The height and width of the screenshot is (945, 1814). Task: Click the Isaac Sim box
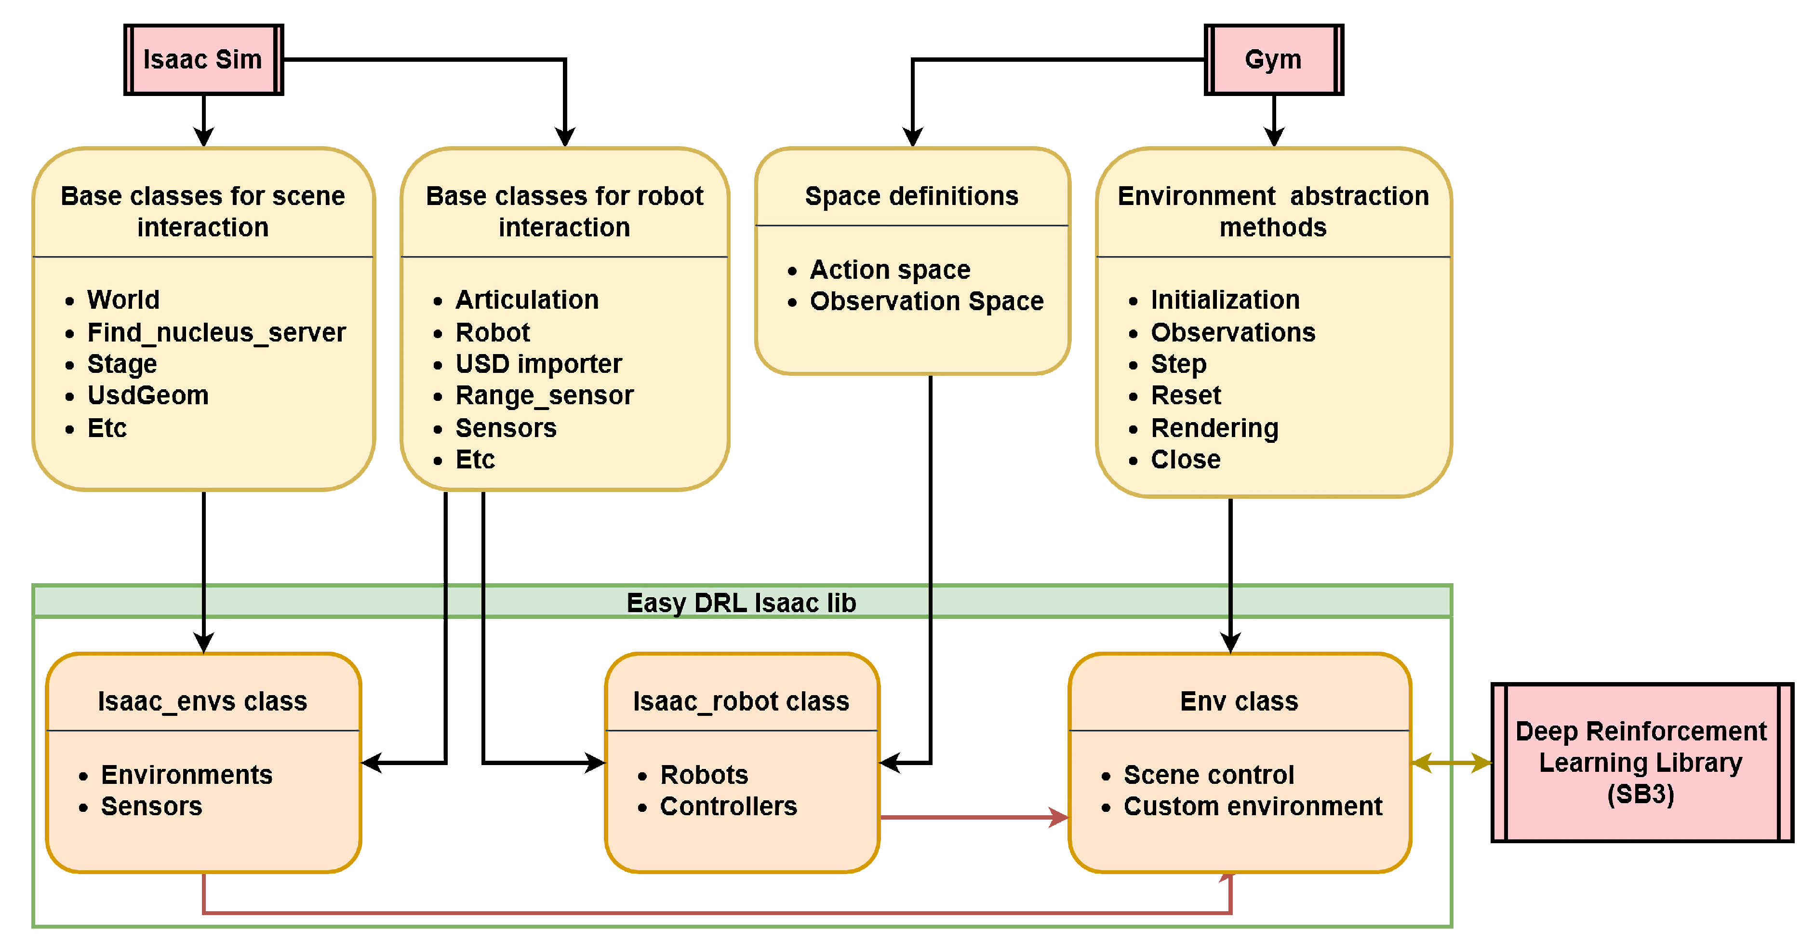(203, 60)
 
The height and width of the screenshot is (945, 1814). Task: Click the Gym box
(1273, 60)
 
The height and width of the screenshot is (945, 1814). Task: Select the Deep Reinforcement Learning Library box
(1641, 763)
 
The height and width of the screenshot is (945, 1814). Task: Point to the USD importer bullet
(539, 364)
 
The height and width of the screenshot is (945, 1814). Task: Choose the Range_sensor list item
(544, 396)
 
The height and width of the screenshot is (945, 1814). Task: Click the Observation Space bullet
(926, 301)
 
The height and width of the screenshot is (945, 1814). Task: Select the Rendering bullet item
(1214, 428)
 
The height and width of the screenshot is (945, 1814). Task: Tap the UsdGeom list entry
(148, 396)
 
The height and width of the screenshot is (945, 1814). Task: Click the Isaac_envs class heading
(203, 701)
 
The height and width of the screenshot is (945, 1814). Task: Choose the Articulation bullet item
(527, 300)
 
